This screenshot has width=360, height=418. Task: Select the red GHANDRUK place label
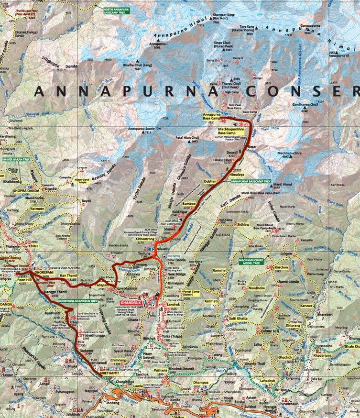pyautogui.click(x=131, y=303)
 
